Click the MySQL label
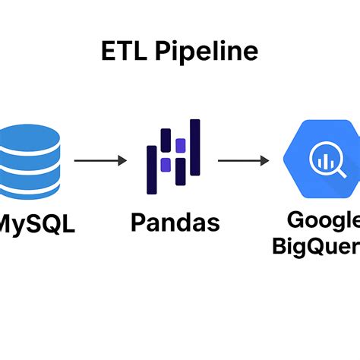click(36, 224)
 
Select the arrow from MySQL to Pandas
click(99, 161)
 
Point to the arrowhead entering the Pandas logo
click(122, 161)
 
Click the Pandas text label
click(175, 223)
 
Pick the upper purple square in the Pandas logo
click(180, 144)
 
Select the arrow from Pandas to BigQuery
click(242, 161)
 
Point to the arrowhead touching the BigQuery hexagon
click(265, 161)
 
